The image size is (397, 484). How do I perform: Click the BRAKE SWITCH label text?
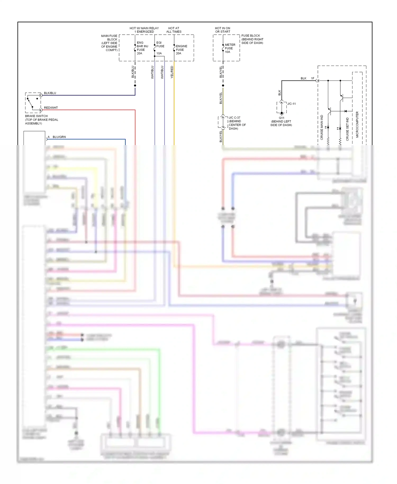coord(36,116)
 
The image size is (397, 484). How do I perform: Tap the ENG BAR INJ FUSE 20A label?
coord(142,48)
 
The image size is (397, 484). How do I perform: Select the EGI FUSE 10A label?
coord(160,48)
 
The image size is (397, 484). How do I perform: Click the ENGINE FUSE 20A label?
coord(181,50)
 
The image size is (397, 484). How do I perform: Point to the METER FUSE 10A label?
coord(230,48)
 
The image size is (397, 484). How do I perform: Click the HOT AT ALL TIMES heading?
coord(174,30)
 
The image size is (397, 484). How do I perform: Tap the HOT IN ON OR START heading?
coord(223,30)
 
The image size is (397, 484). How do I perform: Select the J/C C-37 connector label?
coord(234,118)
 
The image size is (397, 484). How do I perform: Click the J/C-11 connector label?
coord(291,104)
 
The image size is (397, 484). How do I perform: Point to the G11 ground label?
coord(281,118)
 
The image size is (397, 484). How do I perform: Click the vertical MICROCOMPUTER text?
coord(357,124)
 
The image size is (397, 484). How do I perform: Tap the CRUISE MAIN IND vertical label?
coord(322,127)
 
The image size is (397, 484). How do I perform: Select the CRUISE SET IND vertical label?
coord(348,129)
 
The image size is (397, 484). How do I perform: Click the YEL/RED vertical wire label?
coord(172,72)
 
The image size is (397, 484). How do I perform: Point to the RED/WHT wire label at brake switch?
coord(51,108)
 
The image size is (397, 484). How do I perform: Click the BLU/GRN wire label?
coord(59,137)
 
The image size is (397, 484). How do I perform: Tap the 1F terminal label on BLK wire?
coord(313,78)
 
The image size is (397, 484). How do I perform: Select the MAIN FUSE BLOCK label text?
coord(109,43)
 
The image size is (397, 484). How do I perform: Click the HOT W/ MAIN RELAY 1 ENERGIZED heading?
coord(144,30)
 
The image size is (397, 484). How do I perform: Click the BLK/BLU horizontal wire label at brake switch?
coord(50,93)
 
